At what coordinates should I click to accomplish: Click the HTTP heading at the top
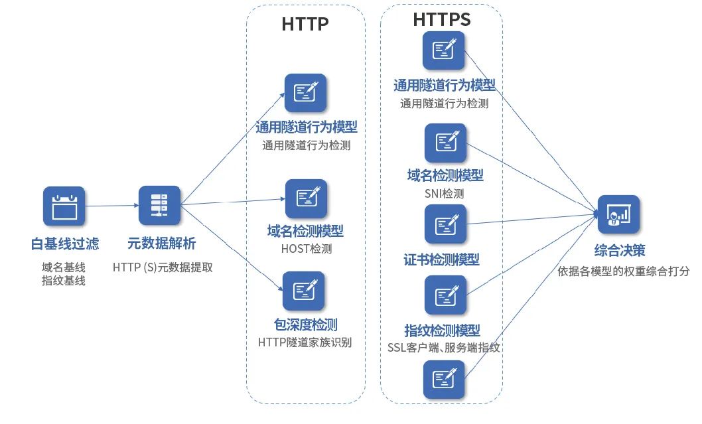[305, 24]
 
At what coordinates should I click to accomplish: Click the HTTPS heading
[441, 19]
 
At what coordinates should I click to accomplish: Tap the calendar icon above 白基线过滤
[64, 206]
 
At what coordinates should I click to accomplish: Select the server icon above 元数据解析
[159, 205]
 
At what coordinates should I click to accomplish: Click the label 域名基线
[64, 267]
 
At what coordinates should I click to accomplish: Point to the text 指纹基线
[64, 281]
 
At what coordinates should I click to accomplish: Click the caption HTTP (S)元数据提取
[162, 267]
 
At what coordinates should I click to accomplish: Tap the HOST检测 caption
[306, 249]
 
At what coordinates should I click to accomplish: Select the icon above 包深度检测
[303, 291]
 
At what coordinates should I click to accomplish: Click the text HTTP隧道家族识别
[305, 342]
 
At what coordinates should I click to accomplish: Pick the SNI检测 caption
[444, 194]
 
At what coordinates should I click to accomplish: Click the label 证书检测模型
[442, 259]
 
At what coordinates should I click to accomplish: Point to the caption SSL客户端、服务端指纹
[443, 347]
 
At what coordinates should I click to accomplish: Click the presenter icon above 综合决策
[618, 214]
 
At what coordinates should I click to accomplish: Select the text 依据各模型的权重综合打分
[624, 271]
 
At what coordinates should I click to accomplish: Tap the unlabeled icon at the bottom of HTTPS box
[444, 380]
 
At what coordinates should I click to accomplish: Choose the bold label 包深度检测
[306, 325]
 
